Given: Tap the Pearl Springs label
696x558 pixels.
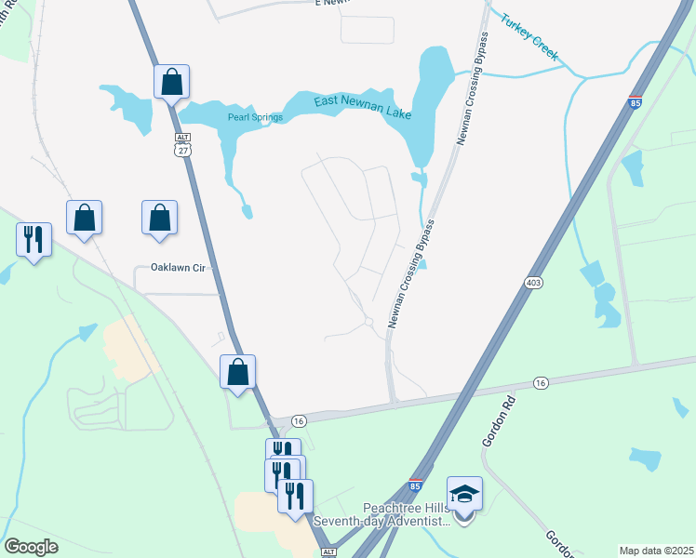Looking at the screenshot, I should click(x=255, y=117).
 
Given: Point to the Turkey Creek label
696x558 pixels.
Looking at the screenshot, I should click(x=529, y=37).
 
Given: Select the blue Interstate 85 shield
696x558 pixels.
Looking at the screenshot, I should click(x=415, y=485).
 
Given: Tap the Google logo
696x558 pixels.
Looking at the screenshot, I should click(x=31, y=546).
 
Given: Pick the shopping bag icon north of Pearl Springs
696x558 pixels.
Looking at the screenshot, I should click(x=172, y=82).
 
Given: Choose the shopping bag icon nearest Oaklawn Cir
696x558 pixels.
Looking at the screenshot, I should click(x=159, y=218).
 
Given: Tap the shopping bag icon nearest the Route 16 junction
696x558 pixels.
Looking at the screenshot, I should click(x=238, y=372).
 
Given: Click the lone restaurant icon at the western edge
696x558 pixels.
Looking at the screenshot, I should click(x=33, y=239).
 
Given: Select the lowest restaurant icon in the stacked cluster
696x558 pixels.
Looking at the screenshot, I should click(x=296, y=495).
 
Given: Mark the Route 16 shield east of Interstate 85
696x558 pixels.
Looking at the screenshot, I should click(x=541, y=382).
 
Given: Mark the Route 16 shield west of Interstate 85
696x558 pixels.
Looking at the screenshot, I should click(x=299, y=420).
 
